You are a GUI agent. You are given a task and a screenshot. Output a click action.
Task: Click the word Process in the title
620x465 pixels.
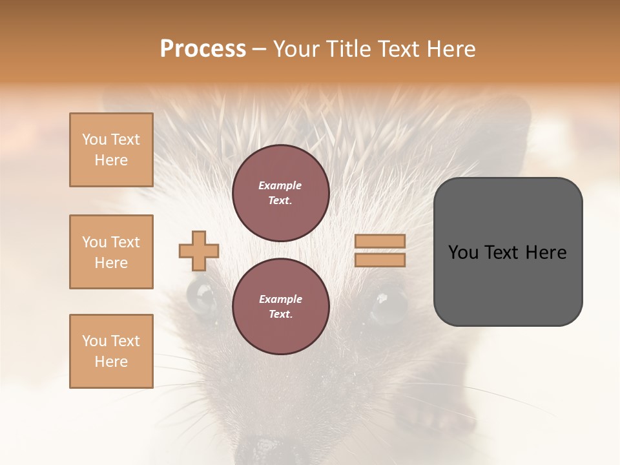[203, 49]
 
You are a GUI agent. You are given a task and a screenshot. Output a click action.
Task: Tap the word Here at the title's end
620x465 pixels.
[451, 49]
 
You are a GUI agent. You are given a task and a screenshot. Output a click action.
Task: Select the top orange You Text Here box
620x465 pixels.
[111, 150]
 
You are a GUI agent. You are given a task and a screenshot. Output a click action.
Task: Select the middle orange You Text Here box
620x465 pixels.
[111, 252]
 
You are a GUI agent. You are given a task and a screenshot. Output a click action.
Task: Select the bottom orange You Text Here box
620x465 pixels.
[111, 351]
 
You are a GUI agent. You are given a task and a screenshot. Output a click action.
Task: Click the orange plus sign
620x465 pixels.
[198, 251]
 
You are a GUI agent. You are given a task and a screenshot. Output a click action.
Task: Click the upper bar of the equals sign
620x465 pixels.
[380, 242]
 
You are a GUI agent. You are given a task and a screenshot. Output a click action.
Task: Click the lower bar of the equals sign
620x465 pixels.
[380, 260]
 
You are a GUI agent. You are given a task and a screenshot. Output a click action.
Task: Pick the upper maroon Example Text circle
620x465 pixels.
[280, 193]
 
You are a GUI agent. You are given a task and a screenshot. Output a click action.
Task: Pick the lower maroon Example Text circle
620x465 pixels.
[280, 306]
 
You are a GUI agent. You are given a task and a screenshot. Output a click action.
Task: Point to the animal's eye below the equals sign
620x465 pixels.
[388, 304]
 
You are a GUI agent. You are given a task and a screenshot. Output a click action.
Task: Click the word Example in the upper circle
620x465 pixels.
[280, 185]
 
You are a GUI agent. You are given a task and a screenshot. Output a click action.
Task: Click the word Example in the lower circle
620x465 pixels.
[280, 299]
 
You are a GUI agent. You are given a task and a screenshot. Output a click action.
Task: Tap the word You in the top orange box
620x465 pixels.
[94, 139]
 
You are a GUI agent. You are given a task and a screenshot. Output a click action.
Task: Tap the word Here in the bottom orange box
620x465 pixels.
[111, 362]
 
